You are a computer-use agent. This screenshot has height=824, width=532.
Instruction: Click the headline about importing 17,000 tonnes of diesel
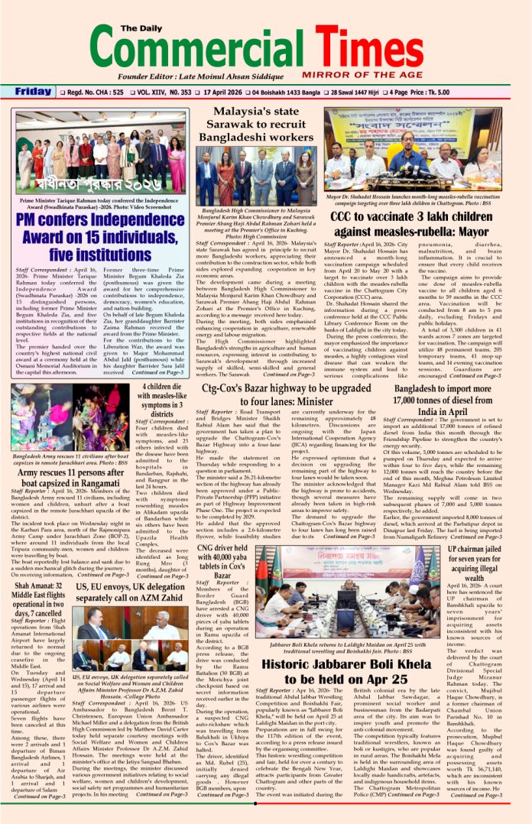click(446, 400)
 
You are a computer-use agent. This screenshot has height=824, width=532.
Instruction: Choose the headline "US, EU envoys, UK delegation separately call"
click(131, 592)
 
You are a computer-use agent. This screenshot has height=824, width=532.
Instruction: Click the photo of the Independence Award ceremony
click(100, 152)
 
